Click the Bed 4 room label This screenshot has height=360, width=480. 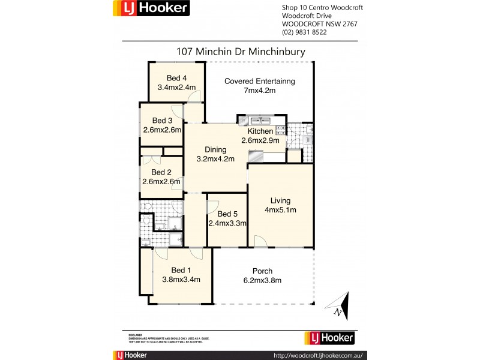click(176, 77)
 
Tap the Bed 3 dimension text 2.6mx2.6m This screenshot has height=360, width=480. click(163, 130)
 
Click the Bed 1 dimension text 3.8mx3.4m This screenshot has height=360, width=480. click(181, 280)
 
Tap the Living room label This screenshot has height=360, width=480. click(280, 200)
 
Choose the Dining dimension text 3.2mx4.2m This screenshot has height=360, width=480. click(215, 159)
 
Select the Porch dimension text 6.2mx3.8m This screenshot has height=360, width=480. click(263, 280)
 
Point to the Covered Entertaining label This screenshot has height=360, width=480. click(260, 81)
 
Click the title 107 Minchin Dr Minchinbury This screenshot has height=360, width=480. click(241, 52)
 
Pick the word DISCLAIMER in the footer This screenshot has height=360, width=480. click(136, 334)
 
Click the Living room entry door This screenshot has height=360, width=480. click(260, 241)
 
